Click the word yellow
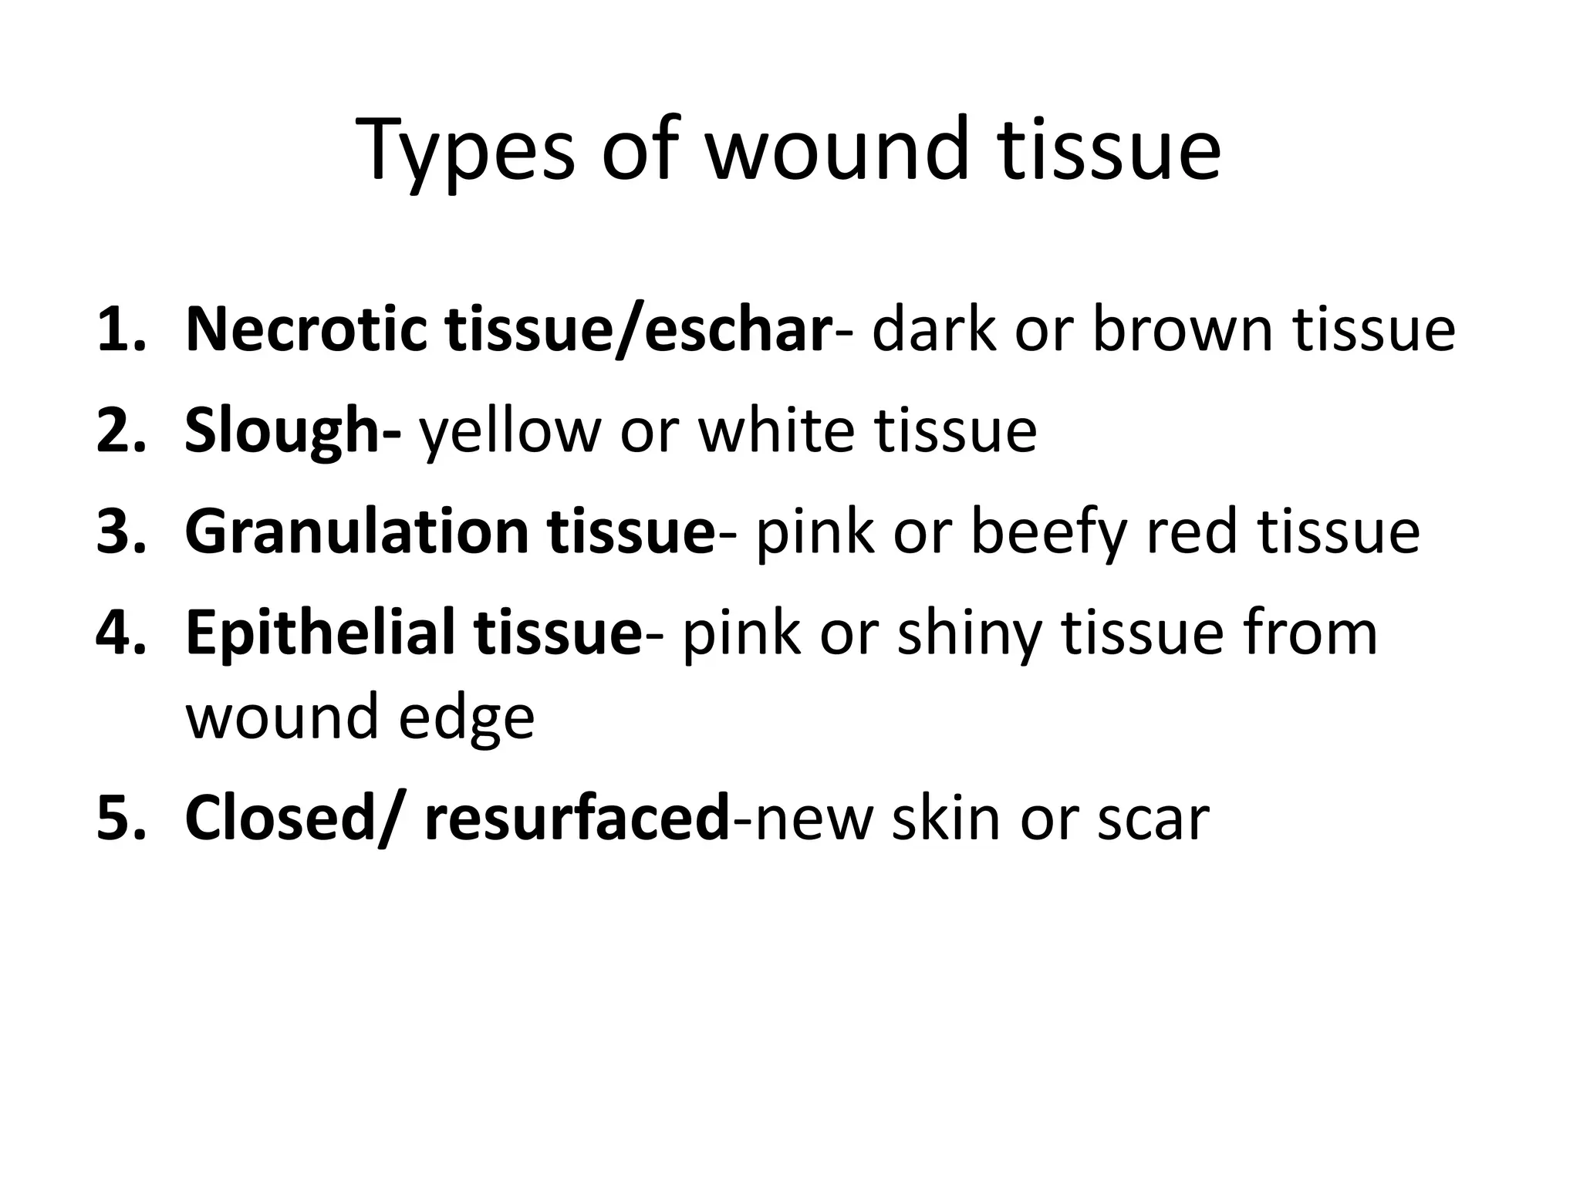click(x=509, y=432)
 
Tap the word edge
click(x=466, y=718)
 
